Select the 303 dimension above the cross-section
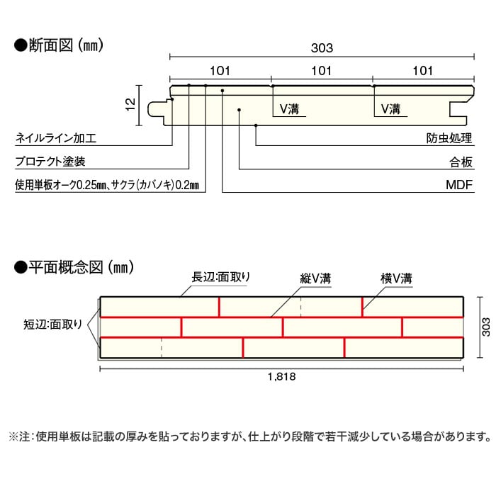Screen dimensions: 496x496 [x=322, y=48]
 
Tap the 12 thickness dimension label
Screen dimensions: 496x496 [x=130, y=104]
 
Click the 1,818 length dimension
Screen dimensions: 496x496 [x=281, y=376]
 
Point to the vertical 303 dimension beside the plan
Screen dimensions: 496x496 [x=485, y=327]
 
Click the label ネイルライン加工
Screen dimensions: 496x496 [x=56, y=138]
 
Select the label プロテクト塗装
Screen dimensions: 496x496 [x=50, y=162]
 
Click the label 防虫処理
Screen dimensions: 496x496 [x=449, y=138]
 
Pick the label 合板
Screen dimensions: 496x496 [x=461, y=162]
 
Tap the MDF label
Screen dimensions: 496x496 [x=459, y=185]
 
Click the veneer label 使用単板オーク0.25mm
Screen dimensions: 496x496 [x=61, y=185]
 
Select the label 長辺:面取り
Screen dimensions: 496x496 [x=220, y=277]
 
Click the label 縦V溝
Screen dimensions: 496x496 [x=315, y=278]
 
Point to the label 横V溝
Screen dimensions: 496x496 [x=396, y=278]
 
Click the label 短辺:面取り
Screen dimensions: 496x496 [x=52, y=325]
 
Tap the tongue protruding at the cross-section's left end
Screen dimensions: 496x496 [x=157, y=109]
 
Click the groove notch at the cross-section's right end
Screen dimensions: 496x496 [x=458, y=109]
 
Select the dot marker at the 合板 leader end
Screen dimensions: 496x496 [x=239, y=110]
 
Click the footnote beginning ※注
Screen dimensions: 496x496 [x=250, y=437]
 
